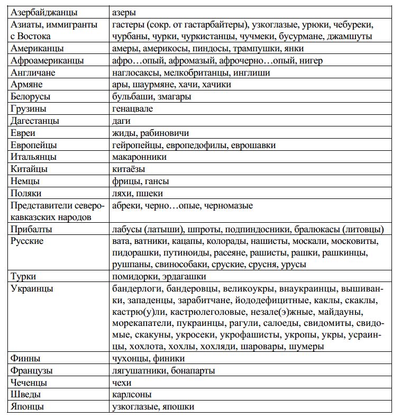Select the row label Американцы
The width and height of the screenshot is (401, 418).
pyautogui.click(x=37, y=48)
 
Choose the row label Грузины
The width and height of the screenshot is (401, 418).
pyautogui.click(x=29, y=109)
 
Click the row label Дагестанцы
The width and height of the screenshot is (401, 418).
pyautogui.click(x=35, y=121)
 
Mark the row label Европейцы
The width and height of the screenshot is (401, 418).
pyautogui.click(x=34, y=145)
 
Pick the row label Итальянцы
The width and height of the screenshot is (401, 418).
pyautogui.click(x=34, y=157)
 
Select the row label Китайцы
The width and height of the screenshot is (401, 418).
pyautogui.click(x=29, y=169)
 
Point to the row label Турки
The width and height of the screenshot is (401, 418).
pyautogui.click(x=24, y=276)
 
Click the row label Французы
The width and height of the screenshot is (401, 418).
pyautogui.click(x=32, y=371)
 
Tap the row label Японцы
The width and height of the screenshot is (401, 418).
pyautogui.click(x=27, y=407)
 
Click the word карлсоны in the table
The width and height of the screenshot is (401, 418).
pyautogui.click(x=132, y=395)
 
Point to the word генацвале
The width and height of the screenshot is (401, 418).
pyautogui.click(x=133, y=109)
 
